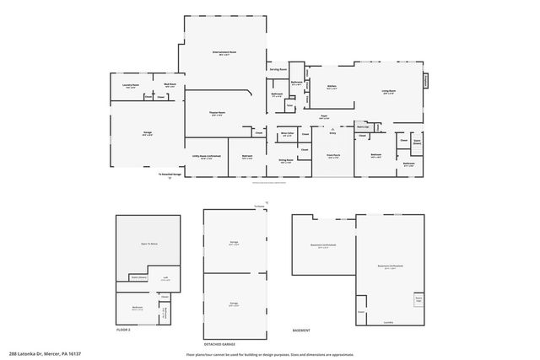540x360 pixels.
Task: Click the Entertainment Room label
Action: (x=224, y=53)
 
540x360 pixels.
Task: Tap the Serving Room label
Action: (x=279, y=68)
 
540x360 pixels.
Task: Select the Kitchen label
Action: (x=332, y=86)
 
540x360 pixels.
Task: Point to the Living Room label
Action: (x=389, y=91)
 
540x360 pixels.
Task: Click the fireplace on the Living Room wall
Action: (x=425, y=81)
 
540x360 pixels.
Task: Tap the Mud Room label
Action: (x=170, y=85)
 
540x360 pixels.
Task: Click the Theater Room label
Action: (x=217, y=115)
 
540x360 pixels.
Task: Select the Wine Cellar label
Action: (x=288, y=133)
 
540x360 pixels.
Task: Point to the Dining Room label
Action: (x=286, y=161)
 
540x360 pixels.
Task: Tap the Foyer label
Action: (x=324, y=117)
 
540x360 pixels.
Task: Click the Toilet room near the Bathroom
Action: (x=289, y=106)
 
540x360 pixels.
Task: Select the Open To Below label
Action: (x=149, y=243)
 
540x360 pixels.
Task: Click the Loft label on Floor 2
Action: (x=166, y=277)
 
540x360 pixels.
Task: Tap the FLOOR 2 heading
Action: (x=125, y=330)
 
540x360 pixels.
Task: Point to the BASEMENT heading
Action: (x=301, y=330)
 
